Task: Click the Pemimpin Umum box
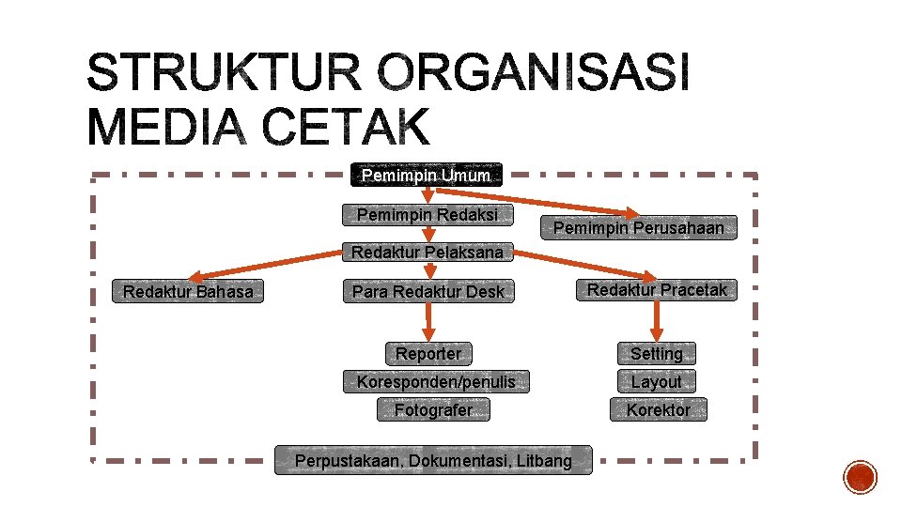pos(427,175)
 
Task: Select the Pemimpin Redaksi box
pos(428,215)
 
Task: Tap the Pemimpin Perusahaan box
pos(639,227)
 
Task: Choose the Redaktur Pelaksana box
pos(428,252)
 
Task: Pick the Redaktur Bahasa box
pos(188,292)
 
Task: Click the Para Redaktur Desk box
pos(428,292)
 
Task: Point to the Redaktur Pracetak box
pos(657,290)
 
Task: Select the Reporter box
pos(428,354)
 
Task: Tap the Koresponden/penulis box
pos(436,381)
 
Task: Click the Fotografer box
pos(433,409)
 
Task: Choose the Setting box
pos(657,354)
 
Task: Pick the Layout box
pos(657,382)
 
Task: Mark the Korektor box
pos(658,409)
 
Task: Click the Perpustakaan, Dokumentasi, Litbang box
pos(433,461)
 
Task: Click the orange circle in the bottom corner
pos(860,477)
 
